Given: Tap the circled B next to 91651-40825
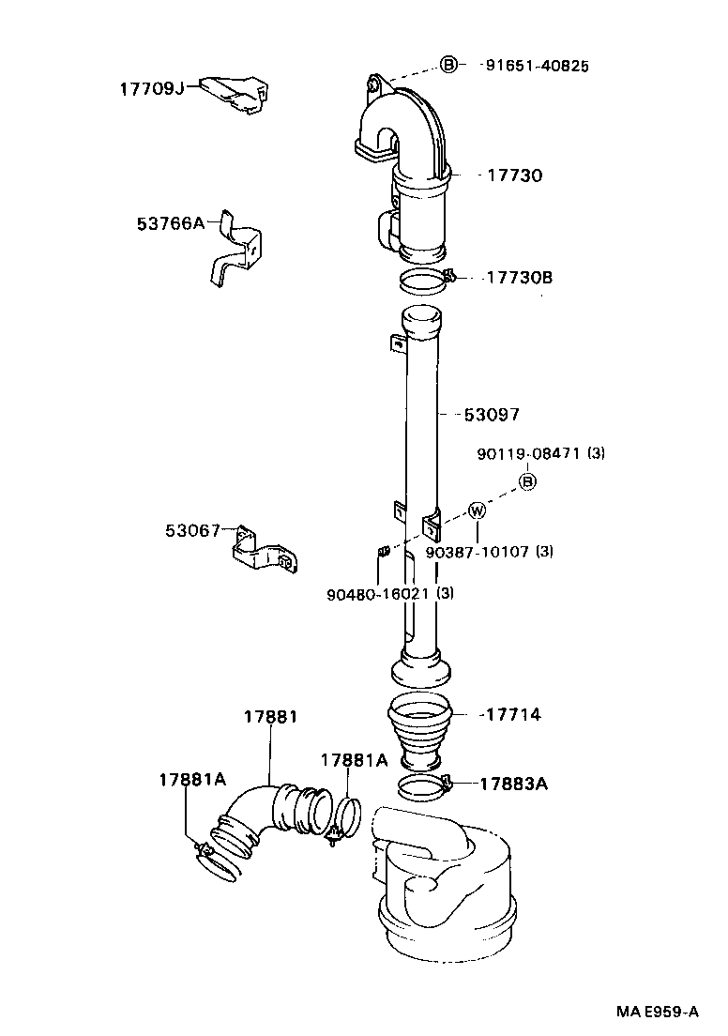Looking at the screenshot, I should tap(449, 65).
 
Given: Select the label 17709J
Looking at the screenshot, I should tap(151, 88).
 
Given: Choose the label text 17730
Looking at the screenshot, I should tap(514, 175).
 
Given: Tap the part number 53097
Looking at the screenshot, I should tap(492, 414).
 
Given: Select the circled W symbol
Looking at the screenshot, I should tap(478, 511).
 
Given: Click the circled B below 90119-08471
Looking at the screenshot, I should tap(527, 481).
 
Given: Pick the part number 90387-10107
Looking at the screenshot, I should tap(478, 552).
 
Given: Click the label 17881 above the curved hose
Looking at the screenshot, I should tap(270, 717).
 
